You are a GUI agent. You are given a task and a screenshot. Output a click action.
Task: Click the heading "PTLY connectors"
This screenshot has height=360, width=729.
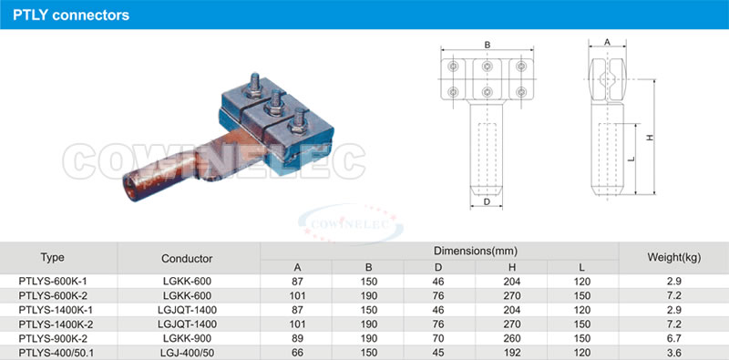click(x=71, y=15)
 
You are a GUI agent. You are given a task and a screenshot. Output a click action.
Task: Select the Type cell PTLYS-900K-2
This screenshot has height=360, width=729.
click(x=53, y=339)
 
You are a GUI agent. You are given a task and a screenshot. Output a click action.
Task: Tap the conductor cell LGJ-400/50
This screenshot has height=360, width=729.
click(x=187, y=353)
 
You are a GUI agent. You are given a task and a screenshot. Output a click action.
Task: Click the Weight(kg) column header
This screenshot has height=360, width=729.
click(x=673, y=257)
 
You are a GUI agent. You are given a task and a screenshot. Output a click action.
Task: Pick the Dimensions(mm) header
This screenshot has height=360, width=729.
click(x=476, y=252)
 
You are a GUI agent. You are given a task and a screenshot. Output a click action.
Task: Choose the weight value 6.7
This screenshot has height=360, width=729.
click(x=673, y=339)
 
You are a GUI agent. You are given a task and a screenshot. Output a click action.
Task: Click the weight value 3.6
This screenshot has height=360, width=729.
click(x=673, y=353)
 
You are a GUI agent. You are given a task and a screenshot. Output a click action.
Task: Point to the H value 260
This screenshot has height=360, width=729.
click(x=511, y=339)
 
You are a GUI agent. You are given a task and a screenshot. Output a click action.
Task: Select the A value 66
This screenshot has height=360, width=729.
click(x=297, y=353)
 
